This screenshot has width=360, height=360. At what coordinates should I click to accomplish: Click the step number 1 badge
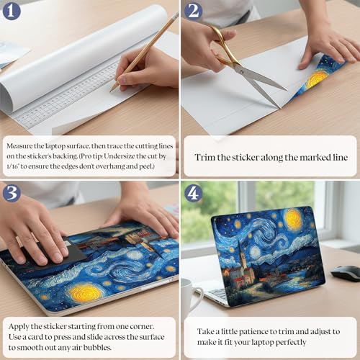[x=12, y=11]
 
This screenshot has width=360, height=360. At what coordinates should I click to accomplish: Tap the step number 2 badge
[x=193, y=11]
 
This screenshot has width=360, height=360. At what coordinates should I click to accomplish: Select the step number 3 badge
[x=12, y=193]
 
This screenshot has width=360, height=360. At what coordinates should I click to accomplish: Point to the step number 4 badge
[x=193, y=193]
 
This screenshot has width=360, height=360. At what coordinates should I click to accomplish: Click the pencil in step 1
[x=144, y=53]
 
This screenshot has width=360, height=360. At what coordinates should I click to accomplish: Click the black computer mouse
[x=346, y=273]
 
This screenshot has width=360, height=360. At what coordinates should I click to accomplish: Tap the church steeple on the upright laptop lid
[x=242, y=254]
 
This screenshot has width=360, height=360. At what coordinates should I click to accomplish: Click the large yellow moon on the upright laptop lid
[x=293, y=219]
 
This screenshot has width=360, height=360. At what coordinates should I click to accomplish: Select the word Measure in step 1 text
[x=19, y=146]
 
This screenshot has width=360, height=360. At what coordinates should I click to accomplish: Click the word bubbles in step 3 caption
[x=97, y=347]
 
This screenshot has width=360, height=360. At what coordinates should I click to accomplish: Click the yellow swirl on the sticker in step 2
[x=316, y=78]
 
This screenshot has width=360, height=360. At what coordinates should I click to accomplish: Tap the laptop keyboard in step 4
[x=218, y=294]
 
